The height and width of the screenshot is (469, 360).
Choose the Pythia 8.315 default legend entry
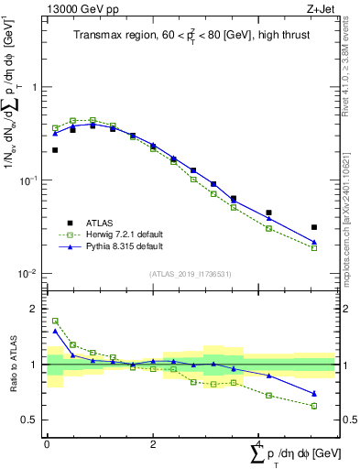click(x=111, y=247)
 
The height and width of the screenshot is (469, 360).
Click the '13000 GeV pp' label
click(x=77, y=9)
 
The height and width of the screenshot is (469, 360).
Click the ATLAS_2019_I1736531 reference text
click(x=190, y=274)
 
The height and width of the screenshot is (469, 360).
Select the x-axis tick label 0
click(x=47, y=444)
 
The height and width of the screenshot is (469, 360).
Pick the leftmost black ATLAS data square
click(x=55, y=150)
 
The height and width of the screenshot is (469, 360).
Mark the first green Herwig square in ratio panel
click(x=55, y=322)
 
